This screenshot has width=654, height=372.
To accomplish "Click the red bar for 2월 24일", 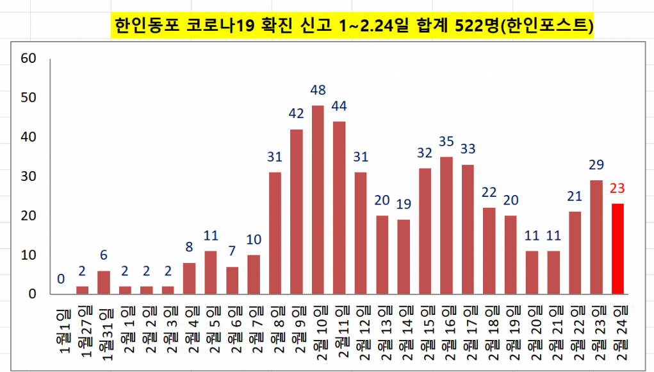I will coord(618,249).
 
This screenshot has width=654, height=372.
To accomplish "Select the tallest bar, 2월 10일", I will coord(318,199).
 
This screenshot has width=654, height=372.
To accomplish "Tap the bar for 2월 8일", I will coord(275,233).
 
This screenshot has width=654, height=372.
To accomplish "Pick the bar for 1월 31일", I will coord(104,282).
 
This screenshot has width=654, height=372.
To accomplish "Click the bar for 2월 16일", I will coord(446,225).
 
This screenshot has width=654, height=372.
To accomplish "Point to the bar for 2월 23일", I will coord(596,237).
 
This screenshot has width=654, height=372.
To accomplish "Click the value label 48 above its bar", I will coord(318,90).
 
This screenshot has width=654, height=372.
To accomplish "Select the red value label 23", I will coord(618,189).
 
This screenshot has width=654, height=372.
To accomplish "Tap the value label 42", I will coord(297,114).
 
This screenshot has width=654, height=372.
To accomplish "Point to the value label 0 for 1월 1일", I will coord(61,279).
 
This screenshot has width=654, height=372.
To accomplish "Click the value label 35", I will coord(447,141).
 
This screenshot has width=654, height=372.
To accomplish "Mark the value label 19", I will coord(404,204).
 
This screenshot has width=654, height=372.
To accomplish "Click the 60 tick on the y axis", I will coord(29,58).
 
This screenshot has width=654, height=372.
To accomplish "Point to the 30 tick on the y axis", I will coord(29,176).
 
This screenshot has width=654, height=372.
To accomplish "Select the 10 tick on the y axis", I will coord(29,255).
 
